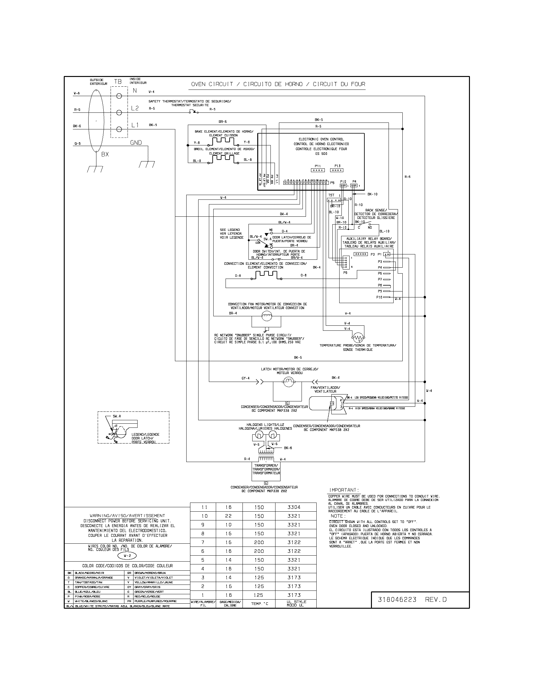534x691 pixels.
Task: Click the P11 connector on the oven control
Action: click(x=318, y=170)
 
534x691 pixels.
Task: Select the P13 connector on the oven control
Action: click(x=337, y=170)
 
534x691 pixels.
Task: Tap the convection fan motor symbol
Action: click(x=266, y=315)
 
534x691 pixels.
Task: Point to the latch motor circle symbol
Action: click(x=288, y=383)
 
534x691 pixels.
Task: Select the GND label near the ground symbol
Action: click(x=136, y=143)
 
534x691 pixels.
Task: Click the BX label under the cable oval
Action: click(x=105, y=155)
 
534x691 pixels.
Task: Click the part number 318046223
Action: click(x=397, y=600)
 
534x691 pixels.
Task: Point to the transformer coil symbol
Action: click(x=266, y=459)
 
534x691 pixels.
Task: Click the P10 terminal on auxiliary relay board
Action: click(x=387, y=297)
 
